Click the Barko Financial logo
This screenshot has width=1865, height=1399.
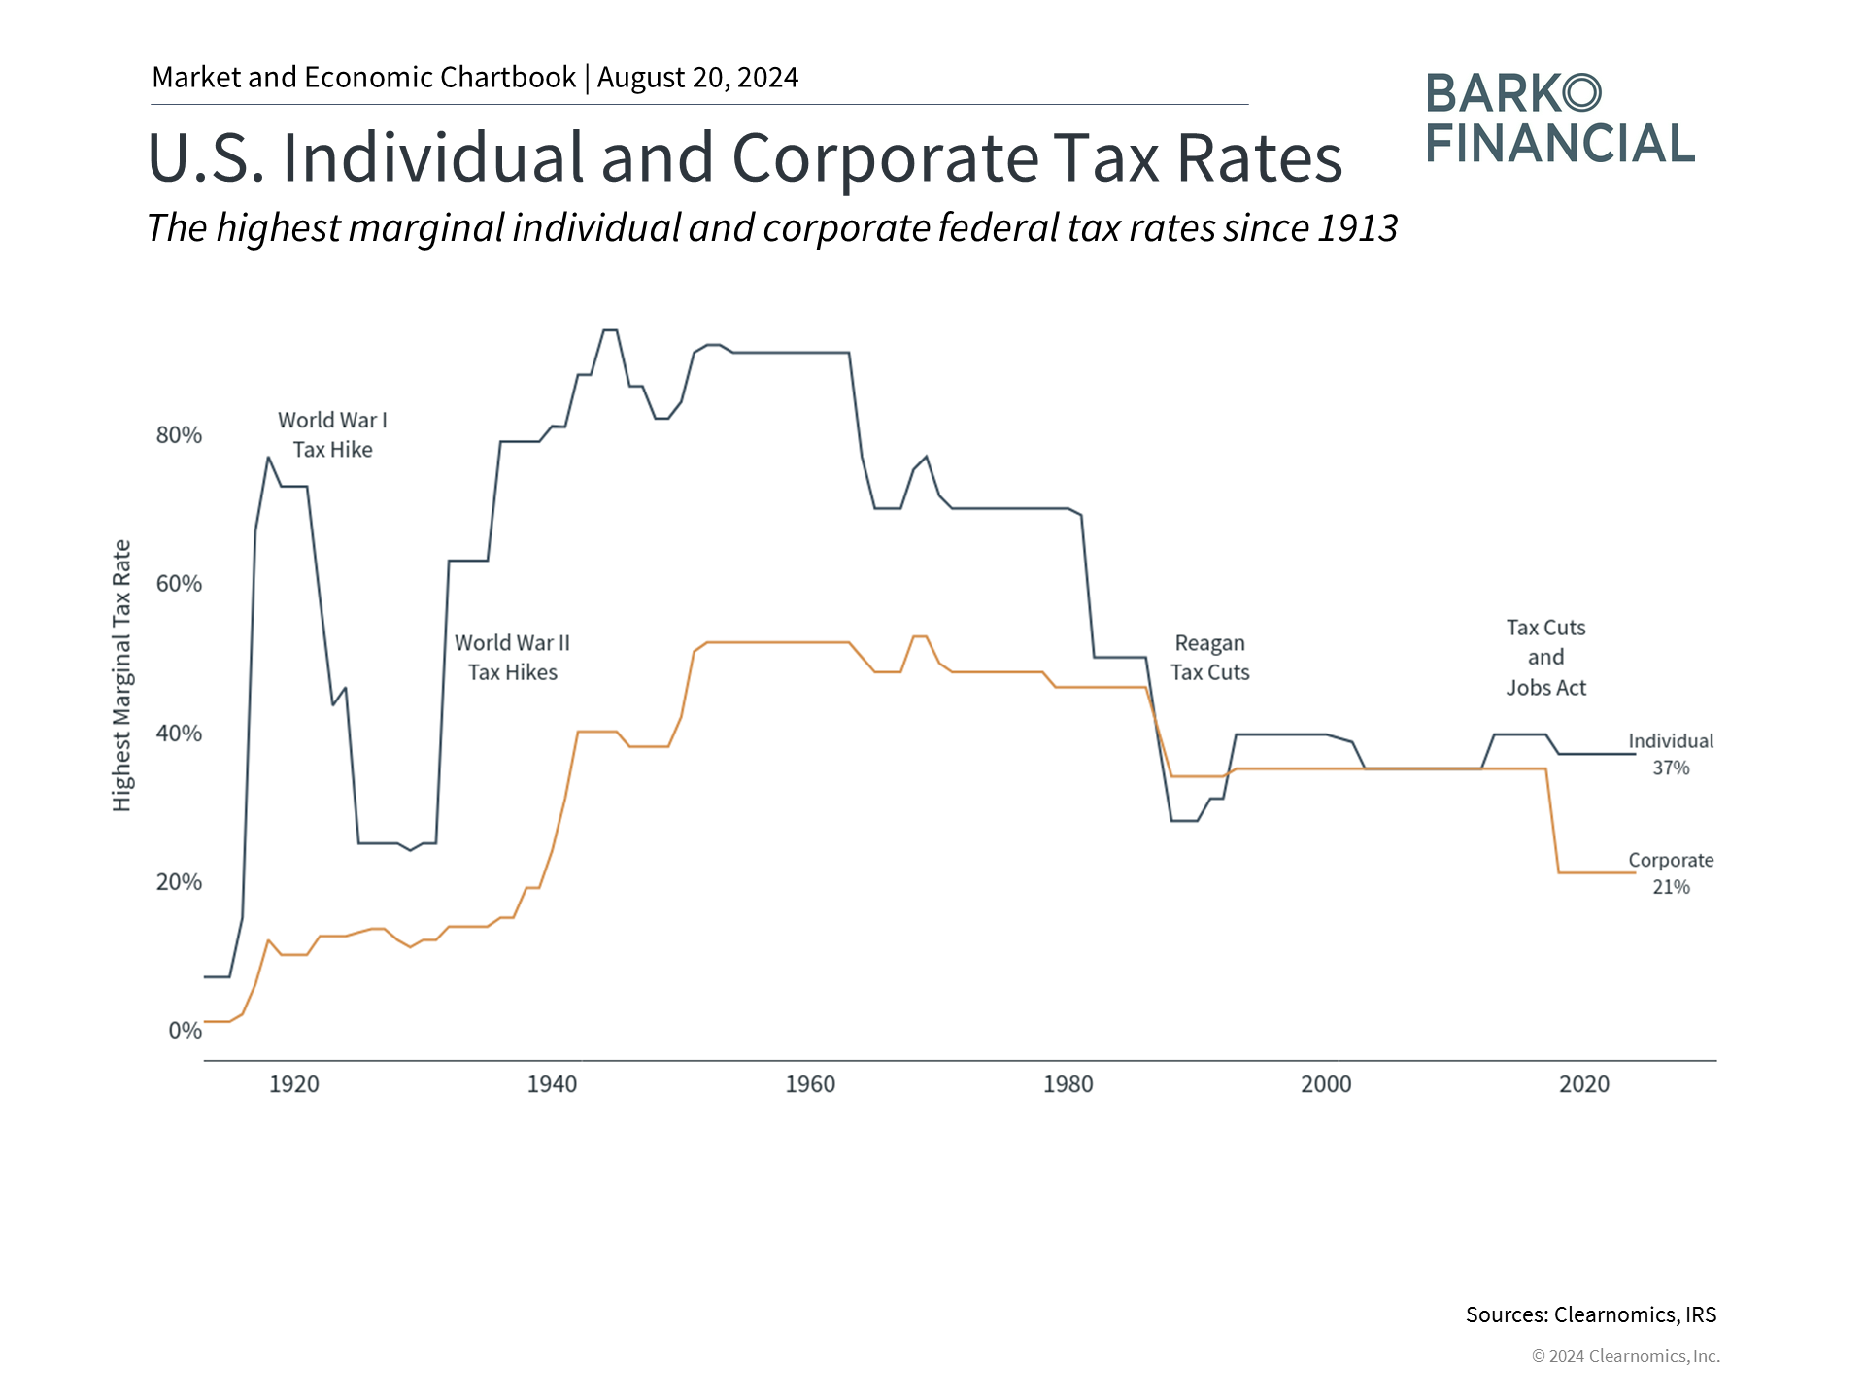coord(1560,119)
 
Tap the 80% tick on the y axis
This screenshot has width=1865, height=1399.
coord(179,435)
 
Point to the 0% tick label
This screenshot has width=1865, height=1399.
coord(185,1031)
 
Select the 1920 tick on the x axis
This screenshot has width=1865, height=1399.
coord(293,1084)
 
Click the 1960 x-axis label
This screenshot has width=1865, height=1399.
coord(810,1084)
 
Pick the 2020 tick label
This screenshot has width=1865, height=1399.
coord(1584,1084)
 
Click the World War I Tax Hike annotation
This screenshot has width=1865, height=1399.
coord(332,434)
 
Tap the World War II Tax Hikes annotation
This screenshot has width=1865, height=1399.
coord(512,658)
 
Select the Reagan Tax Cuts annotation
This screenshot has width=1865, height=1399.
coord(1209,658)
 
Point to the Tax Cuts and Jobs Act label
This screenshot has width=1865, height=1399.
coord(1545,658)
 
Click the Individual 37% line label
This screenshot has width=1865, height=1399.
coord(1671,754)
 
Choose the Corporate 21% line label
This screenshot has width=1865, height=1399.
coord(1671,873)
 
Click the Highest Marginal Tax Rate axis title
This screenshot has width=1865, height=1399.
coord(121,675)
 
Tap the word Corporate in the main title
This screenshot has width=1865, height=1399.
coord(885,157)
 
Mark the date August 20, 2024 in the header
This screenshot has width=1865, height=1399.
coord(697,78)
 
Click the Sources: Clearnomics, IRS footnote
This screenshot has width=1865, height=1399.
coord(1591,1314)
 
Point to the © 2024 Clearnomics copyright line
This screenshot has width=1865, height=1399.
coord(1625,1356)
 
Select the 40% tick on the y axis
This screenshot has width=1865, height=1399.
coord(179,734)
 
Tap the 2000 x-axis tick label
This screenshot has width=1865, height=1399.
coord(1326,1084)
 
